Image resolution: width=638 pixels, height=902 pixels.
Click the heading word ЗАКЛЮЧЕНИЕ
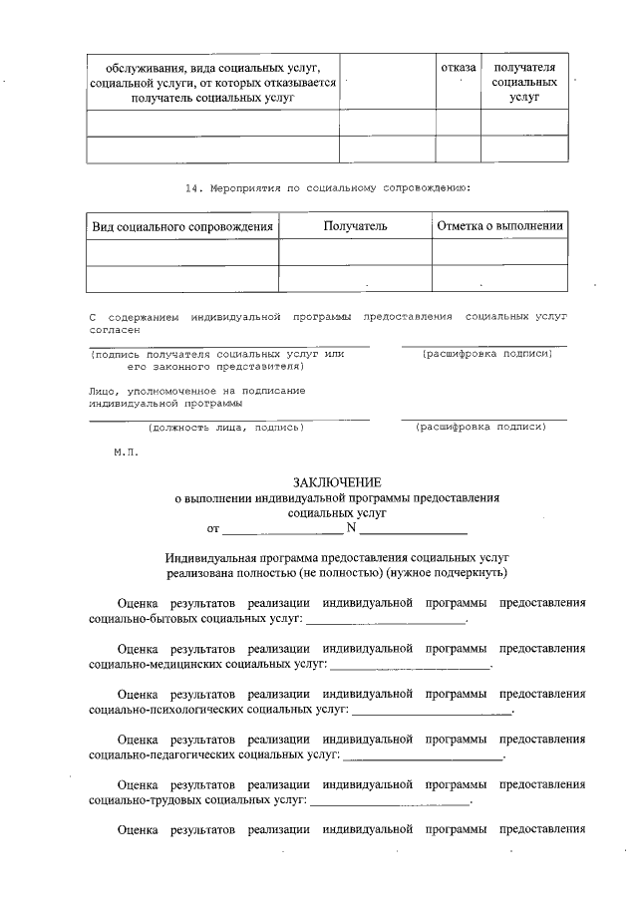click(x=336, y=481)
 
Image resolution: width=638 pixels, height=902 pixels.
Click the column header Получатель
click(x=355, y=226)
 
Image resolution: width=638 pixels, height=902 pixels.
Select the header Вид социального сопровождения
click(x=182, y=226)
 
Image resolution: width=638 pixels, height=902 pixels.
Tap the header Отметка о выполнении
click(x=500, y=226)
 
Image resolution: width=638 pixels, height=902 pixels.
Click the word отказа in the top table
click(x=458, y=67)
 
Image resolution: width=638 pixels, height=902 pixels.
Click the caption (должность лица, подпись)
click(x=225, y=427)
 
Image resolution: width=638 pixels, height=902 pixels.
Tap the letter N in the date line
click(x=351, y=527)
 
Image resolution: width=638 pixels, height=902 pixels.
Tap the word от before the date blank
click(x=212, y=528)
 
